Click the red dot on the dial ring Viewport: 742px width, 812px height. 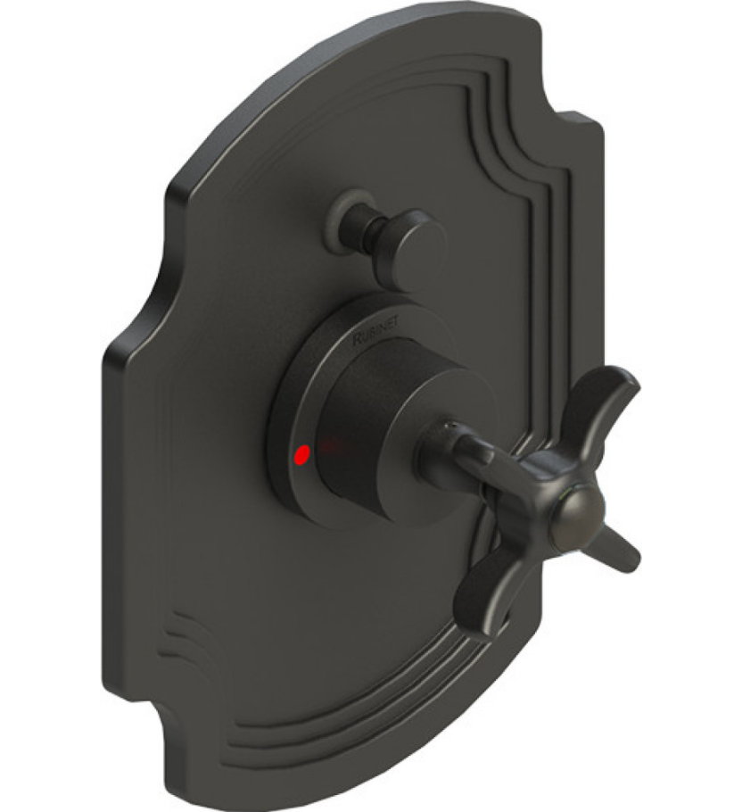tap(302, 456)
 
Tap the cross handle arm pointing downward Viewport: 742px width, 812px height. tap(482, 598)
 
